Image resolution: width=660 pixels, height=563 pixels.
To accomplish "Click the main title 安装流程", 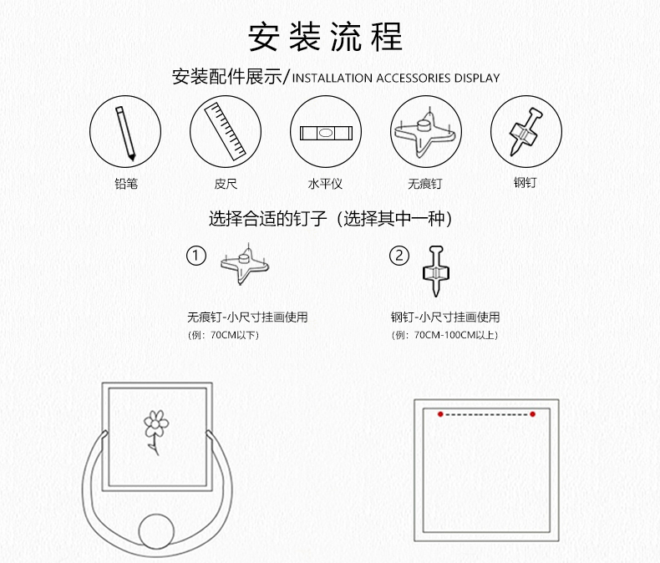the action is click(x=325, y=37).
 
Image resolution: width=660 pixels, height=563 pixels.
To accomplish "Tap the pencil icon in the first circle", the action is click(x=125, y=133).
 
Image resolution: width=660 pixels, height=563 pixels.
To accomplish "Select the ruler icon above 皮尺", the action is click(x=226, y=131).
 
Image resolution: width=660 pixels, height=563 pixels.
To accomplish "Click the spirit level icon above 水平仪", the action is click(x=326, y=133).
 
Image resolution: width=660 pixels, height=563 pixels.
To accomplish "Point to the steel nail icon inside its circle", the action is click(x=525, y=131).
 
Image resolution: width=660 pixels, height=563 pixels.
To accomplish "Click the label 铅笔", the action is click(x=126, y=184).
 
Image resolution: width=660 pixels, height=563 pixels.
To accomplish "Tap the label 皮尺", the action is click(x=226, y=184).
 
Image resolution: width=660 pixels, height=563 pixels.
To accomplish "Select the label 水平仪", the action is click(x=325, y=184).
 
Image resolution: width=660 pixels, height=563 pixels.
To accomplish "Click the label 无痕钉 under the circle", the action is click(x=424, y=184).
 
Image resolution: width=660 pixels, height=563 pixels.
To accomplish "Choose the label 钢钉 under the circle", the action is click(x=525, y=182).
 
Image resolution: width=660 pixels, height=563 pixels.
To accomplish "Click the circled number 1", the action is click(x=196, y=256).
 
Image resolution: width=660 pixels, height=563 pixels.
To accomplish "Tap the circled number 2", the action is click(x=399, y=256).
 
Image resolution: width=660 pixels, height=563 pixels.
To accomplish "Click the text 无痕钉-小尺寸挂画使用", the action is click(x=247, y=317).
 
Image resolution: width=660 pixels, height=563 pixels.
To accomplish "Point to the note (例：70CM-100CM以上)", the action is click(x=444, y=335).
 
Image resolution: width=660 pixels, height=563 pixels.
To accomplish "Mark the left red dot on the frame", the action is click(x=440, y=414).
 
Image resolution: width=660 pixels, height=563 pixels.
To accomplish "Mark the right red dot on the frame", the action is click(x=532, y=414).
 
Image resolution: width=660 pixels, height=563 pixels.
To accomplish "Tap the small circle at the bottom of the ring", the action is click(x=156, y=531).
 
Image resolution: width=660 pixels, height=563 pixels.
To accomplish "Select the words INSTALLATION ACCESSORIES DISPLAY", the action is click(x=396, y=79).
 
